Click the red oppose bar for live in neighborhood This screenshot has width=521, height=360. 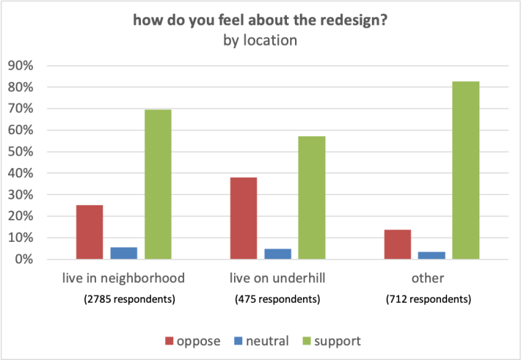coord(89,232)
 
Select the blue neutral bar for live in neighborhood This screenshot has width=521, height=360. coord(123,253)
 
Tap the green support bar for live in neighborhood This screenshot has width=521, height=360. coord(158,184)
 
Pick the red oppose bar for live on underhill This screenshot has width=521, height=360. coord(244,218)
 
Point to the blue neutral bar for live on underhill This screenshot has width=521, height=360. coord(277,254)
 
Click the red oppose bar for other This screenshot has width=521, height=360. coord(397,244)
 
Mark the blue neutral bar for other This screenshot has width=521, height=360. coord(431,255)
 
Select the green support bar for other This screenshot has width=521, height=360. coord(466,170)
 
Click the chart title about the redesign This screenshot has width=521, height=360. coord(260,21)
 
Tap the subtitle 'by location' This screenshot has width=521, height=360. coord(260,40)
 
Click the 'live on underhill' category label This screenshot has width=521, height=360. coord(277,279)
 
